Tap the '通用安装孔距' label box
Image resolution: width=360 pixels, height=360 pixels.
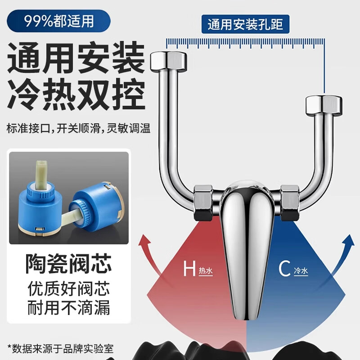coord(245,24)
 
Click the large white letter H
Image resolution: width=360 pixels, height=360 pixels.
coord(189,270)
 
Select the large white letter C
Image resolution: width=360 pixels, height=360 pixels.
coord(284,270)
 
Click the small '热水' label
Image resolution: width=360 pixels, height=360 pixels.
coord(206,271)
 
